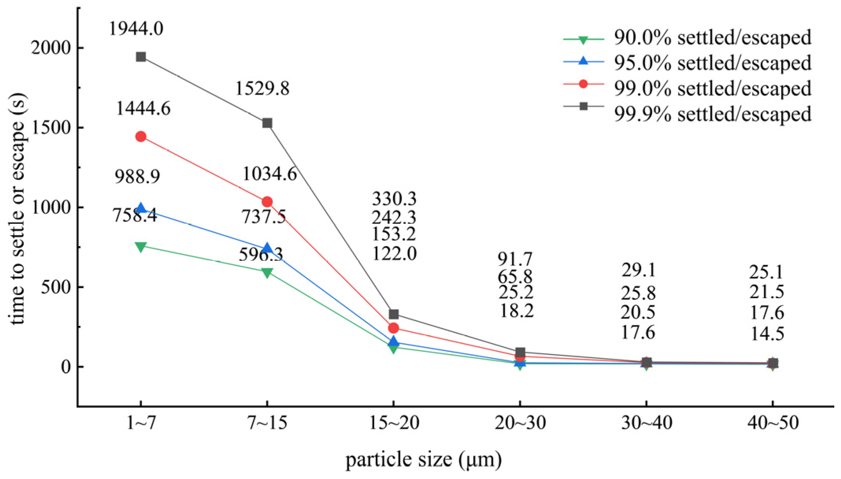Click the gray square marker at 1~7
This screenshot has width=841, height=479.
[x=141, y=57]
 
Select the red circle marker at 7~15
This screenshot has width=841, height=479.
[x=267, y=202]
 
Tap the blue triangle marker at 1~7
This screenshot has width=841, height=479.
[x=141, y=209]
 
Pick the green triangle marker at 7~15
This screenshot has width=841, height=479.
[x=267, y=273]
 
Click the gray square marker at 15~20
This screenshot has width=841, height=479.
[x=393, y=314]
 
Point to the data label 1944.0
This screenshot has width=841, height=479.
[x=136, y=29]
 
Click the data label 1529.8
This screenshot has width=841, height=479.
[x=262, y=88]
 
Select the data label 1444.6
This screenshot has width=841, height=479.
[x=143, y=108]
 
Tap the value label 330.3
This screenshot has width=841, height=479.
[x=394, y=199]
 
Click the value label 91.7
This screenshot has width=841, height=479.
[x=515, y=259]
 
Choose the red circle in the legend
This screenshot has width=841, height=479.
[x=584, y=84]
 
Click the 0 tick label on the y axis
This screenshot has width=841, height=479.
[x=65, y=367]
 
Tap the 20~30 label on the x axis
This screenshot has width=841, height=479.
[x=520, y=423]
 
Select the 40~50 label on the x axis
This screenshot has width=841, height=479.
[x=772, y=423]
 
